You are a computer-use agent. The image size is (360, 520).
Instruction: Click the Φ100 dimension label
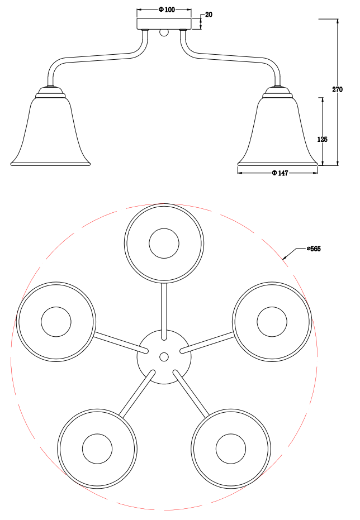[167, 9]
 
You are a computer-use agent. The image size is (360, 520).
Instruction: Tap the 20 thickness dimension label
[209, 15]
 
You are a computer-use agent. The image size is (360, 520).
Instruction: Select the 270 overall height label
[338, 89]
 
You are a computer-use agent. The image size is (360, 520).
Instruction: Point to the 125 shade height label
[322, 139]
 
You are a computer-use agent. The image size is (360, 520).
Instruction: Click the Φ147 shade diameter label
[280, 173]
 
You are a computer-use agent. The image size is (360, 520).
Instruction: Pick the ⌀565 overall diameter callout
[314, 249]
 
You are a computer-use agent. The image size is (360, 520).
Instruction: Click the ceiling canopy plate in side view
[164, 24]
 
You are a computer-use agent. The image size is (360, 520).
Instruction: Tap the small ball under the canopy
[164, 33]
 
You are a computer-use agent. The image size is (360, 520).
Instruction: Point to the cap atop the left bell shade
[50, 92]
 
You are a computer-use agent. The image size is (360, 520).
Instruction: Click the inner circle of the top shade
[164, 243]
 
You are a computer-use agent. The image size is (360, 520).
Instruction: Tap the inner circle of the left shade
[56, 322]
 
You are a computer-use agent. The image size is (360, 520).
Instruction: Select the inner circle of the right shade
[272, 322]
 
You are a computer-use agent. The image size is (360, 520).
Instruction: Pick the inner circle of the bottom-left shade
[98, 449]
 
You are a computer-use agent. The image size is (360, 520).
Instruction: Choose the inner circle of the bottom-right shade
[231, 449]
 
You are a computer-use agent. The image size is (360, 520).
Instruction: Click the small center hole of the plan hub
[164, 357]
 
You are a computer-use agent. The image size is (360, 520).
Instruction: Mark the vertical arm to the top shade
[164, 311]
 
